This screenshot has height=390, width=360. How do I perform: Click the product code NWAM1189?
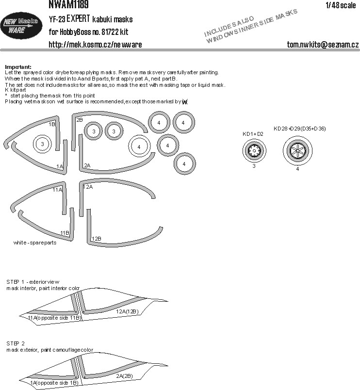(68, 4)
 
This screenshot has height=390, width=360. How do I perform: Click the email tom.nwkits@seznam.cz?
(323, 45)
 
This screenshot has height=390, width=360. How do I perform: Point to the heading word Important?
(17, 66)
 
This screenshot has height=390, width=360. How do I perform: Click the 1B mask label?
(52, 124)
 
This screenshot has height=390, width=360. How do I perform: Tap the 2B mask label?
(80, 119)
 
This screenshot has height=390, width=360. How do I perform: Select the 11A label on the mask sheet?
(57, 190)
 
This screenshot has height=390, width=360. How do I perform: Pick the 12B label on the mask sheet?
(96, 238)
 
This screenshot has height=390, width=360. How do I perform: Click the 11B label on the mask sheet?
(65, 233)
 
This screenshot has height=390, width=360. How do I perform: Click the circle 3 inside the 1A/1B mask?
(43, 144)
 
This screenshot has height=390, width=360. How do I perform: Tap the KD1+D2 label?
(253, 134)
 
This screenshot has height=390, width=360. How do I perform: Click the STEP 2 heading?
(17, 344)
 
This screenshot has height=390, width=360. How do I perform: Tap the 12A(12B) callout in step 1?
(128, 311)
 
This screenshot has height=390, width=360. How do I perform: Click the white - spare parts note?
(35, 243)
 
